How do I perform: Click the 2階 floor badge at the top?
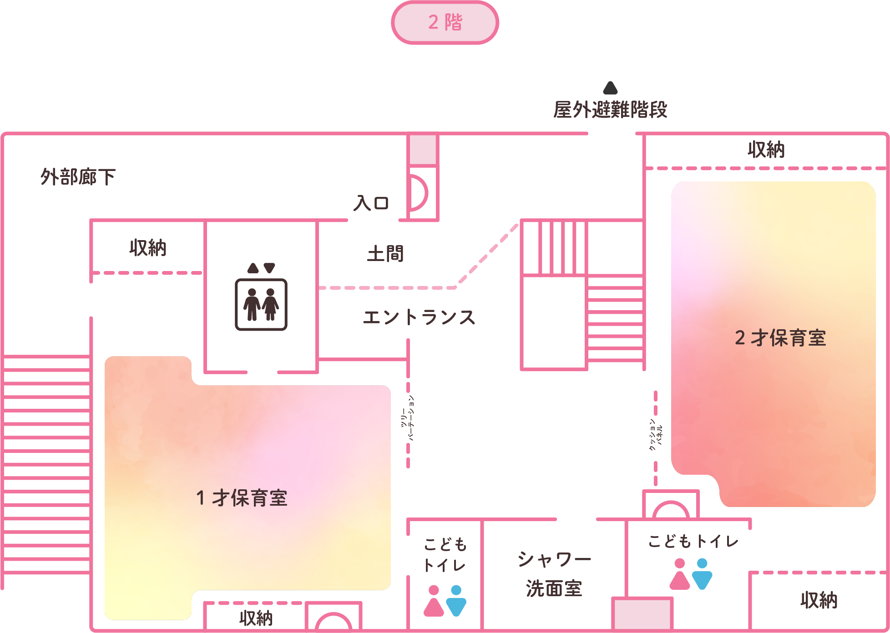click(445, 22)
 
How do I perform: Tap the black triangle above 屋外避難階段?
click(610, 88)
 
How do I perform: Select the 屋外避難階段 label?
click(610, 110)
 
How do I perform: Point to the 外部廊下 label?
click(78, 177)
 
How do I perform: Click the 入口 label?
click(371, 203)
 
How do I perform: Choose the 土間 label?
click(385, 254)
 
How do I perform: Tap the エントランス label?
click(419, 317)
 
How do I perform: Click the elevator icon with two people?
click(261, 304)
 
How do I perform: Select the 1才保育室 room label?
click(242, 498)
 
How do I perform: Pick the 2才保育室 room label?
click(780, 338)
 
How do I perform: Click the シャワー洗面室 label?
click(554, 574)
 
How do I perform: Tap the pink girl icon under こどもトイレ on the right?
click(680, 574)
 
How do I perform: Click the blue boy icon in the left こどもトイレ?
click(456, 601)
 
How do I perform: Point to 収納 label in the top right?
click(766, 150)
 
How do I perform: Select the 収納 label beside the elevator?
click(148, 248)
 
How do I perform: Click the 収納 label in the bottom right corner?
click(819, 600)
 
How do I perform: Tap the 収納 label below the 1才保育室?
click(256, 618)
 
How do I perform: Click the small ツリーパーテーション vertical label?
click(408, 418)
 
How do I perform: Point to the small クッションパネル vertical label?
click(656, 435)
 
